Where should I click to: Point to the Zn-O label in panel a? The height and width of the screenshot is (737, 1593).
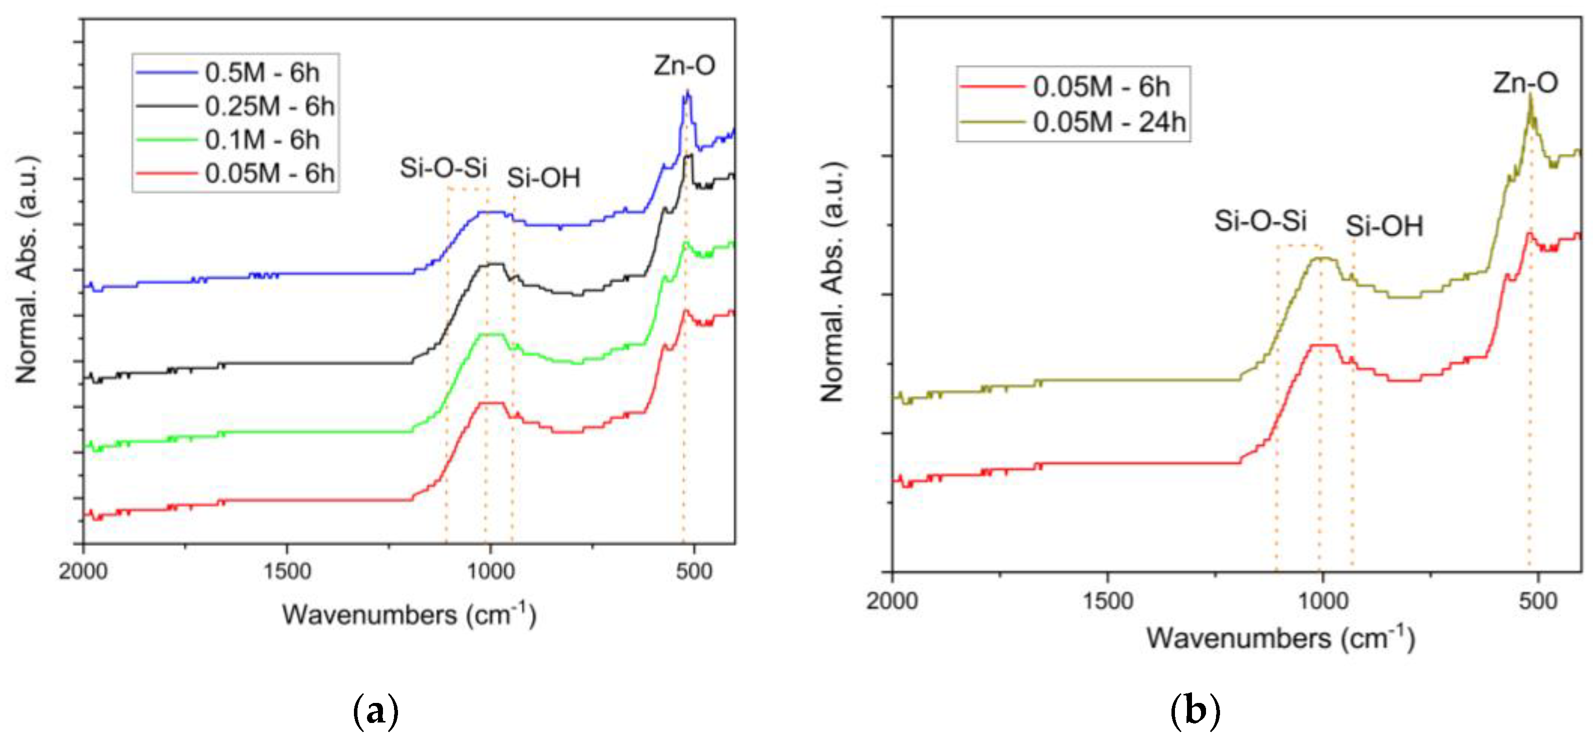coord(684,66)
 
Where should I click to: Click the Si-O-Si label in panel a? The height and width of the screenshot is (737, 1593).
coord(444,168)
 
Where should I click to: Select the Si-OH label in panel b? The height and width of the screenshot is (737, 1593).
coord(1384,226)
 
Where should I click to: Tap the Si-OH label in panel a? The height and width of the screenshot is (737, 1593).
coord(544,179)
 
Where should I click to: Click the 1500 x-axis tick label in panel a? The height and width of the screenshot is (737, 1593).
coord(287,571)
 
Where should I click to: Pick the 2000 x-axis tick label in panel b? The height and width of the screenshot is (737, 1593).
coord(892,600)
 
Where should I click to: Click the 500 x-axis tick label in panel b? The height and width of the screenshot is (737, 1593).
coord(1537,600)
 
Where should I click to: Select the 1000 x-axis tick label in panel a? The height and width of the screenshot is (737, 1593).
coord(490,571)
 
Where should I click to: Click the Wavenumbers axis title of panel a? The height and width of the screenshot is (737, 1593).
coord(409,614)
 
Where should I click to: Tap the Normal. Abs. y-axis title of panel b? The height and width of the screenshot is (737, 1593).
coord(833,282)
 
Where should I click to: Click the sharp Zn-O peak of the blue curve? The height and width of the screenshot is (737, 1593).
coord(686,93)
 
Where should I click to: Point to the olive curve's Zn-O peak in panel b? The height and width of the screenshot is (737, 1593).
coord(1530,96)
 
